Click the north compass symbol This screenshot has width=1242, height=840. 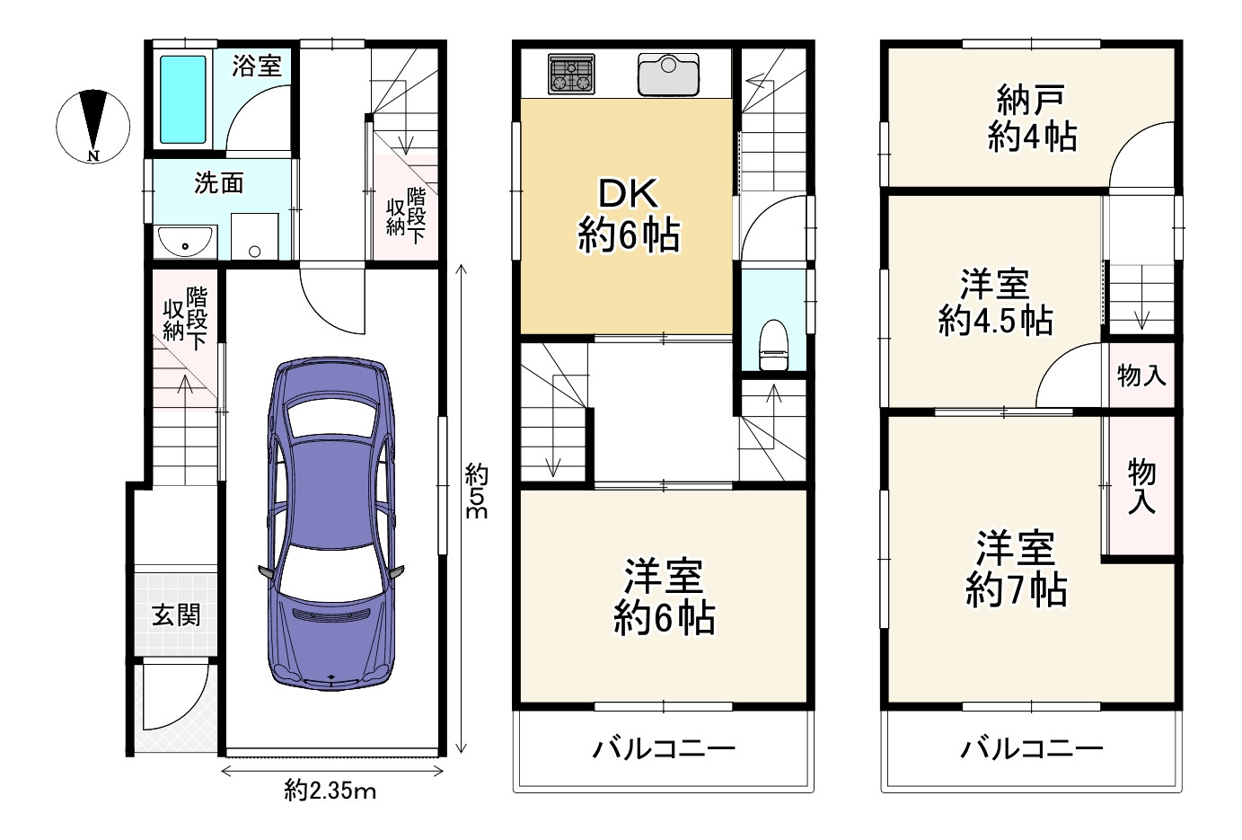point(93,127)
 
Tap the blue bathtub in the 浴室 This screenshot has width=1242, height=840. point(183,100)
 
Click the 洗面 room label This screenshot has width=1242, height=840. point(219,183)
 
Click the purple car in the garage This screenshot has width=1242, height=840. point(331,523)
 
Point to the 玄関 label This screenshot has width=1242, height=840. point(176,615)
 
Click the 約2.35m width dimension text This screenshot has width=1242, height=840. point(330,791)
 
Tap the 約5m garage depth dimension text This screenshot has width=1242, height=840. point(476,491)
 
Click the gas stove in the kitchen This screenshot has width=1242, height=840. point(571,74)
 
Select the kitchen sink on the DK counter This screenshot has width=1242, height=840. point(668,75)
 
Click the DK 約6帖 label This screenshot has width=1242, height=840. point(629,215)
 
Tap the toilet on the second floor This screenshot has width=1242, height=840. point(773,344)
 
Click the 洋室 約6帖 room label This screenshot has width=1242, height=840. point(665,597)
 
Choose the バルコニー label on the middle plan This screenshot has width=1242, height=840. point(664,749)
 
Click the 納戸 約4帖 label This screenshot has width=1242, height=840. point(1032,118)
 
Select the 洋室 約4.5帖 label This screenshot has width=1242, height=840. point(995,302)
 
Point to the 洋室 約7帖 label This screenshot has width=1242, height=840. point(1016,569)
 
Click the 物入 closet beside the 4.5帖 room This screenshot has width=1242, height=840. point(1141,376)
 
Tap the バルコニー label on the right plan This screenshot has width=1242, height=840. point(1032,749)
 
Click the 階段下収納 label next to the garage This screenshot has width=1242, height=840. point(185,318)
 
